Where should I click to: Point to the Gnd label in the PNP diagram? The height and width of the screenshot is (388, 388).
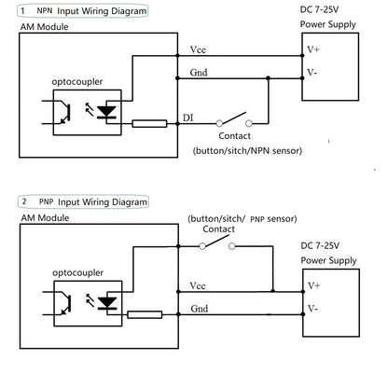coord(198,308)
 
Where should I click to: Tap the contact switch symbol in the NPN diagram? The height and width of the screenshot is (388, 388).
coord(233,121)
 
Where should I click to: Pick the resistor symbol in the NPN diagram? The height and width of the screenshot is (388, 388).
coord(149,122)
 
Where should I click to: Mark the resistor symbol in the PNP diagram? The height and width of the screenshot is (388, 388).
coord(149,315)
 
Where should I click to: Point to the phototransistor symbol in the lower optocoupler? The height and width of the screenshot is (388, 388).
coord(67,302)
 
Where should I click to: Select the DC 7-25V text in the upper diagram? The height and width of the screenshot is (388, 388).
coord(325,9)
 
